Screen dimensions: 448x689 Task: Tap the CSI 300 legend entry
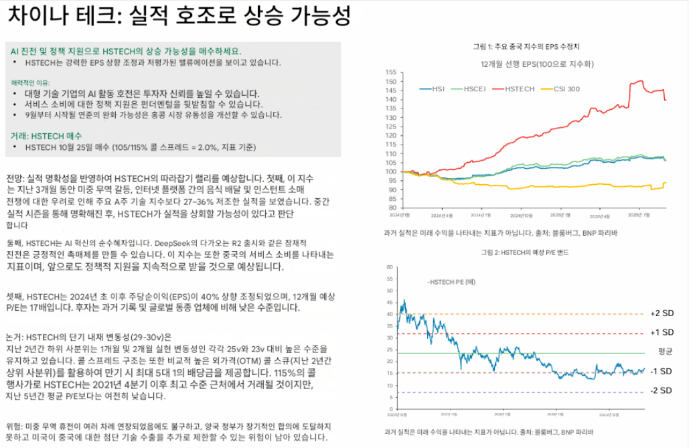click(x=563, y=88)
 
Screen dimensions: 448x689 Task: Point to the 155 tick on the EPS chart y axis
click(x=391, y=71)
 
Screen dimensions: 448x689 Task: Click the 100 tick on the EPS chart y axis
click(x=391, y=171)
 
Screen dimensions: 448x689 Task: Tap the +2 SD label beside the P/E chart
click(x=661, y=314)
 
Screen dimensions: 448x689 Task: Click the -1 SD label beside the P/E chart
click(x=660, y=372)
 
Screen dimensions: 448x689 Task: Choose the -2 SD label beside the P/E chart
click(x=660, y=390)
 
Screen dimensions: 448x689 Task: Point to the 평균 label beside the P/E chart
click(x=664, y=351)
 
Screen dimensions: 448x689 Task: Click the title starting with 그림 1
click(x=526, y=47)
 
